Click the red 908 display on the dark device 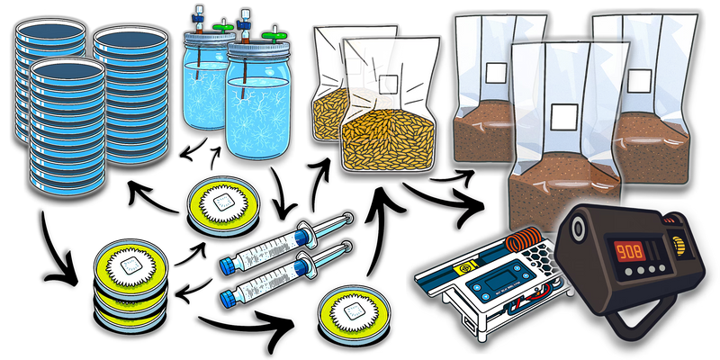coord(630,252)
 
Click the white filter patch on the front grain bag coord(388,85)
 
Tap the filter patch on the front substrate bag coord(564,117)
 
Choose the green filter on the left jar coord(222,26)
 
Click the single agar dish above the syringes coord(223,206)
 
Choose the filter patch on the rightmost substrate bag coord(639,80)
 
